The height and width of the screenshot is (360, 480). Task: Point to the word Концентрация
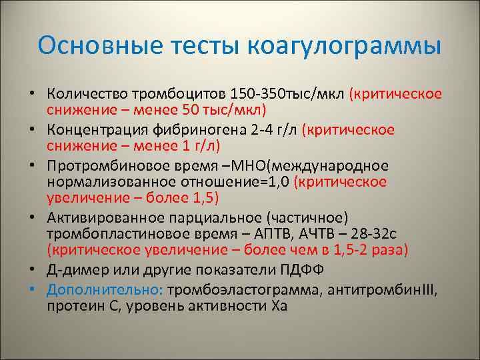[90, 129]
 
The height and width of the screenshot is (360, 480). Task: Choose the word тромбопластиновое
[111, 233]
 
